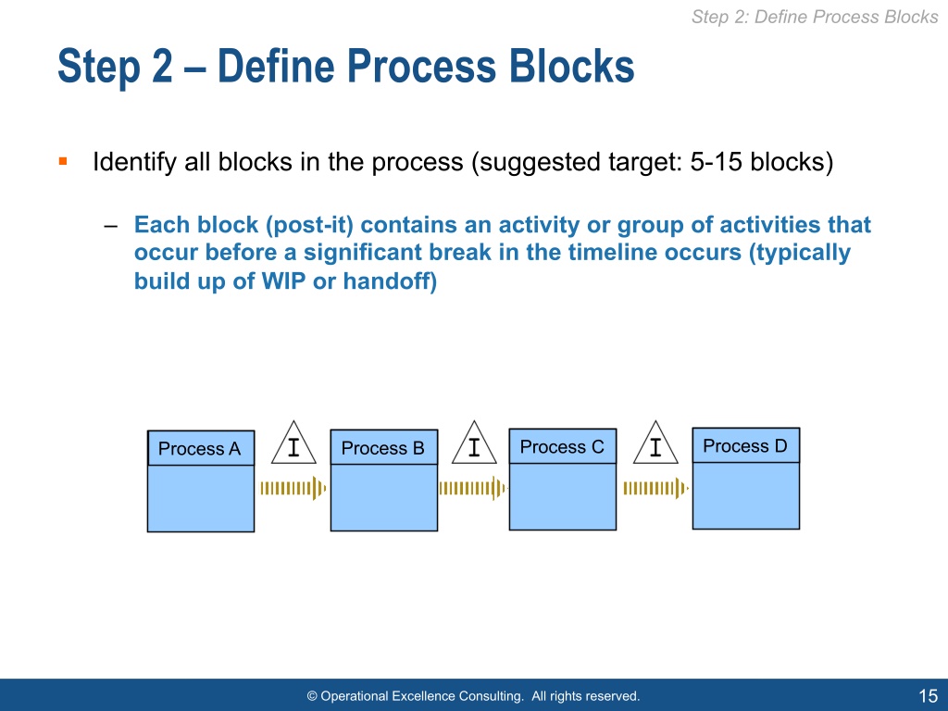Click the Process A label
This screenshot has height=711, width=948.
199,449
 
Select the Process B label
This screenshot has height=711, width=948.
382,449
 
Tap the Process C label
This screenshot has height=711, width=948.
562,447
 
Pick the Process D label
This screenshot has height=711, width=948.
744,446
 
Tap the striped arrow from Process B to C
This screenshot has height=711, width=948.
472,488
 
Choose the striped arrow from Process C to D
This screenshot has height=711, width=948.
655,488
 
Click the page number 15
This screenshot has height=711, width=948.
928,696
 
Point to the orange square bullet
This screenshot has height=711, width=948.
62,162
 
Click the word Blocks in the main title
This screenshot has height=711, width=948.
571,68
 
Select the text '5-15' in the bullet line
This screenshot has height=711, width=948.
717,163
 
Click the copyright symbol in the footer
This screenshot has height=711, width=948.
312,696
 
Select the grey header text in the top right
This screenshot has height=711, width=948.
814,17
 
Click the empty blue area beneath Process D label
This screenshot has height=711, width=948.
745,495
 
